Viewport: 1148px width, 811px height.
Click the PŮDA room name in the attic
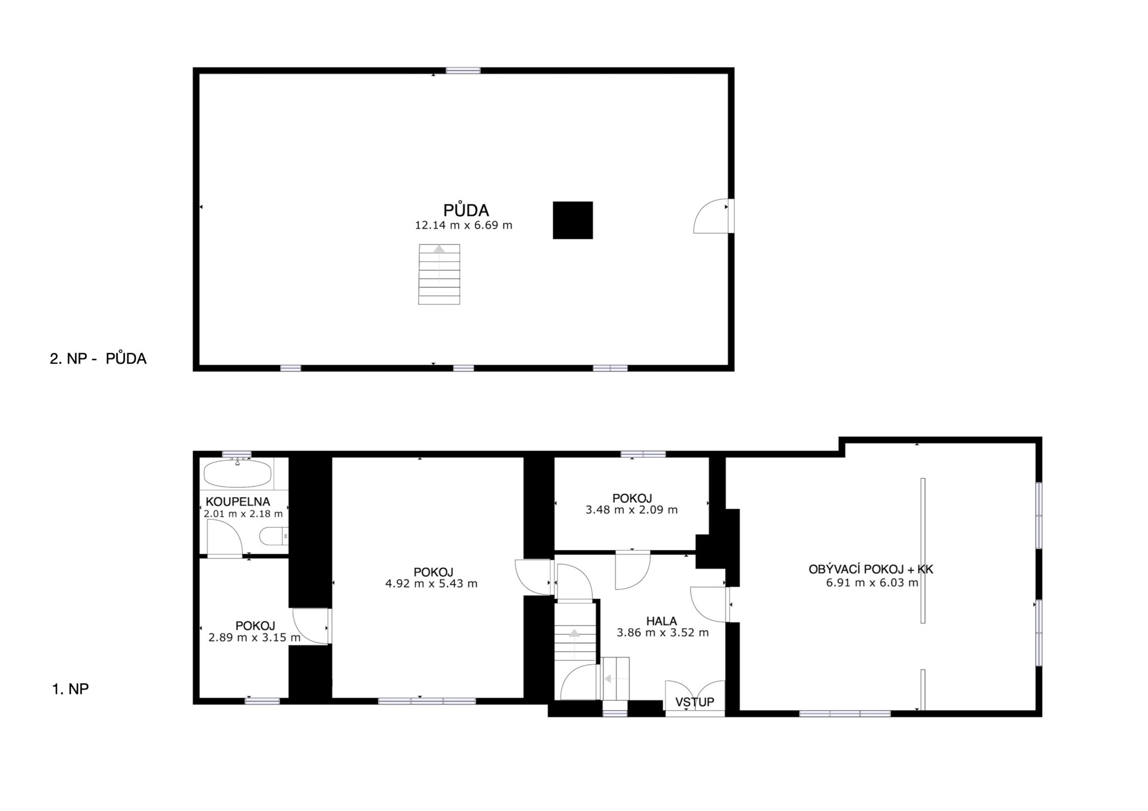[466, 210]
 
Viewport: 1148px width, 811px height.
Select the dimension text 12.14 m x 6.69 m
[464, 225]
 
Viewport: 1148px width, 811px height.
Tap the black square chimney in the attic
[572, 220]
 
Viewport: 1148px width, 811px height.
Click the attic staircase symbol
[439, 275]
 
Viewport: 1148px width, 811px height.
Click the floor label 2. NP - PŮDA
[98, 359]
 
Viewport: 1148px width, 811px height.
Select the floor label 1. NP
[71, 689]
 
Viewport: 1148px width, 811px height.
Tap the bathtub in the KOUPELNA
[237, 474]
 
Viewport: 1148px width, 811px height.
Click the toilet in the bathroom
[274, 536]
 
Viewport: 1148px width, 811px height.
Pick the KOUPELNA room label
[238, 502]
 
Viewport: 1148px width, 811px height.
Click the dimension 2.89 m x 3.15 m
[254, 637]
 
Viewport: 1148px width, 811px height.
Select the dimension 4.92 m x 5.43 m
[432, 583]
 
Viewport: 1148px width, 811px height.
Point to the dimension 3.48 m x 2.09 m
[632, 509]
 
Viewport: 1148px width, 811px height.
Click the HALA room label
[661, 621]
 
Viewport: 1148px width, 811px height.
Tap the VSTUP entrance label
[695, 702]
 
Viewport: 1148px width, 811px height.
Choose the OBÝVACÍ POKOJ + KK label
[871, 569]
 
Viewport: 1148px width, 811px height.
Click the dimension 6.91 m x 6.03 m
[872, 582]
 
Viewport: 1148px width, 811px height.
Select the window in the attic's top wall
[463, 71]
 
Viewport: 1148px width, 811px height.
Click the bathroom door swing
[224, 538]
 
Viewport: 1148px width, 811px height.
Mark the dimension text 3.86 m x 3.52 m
[663, 633]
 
